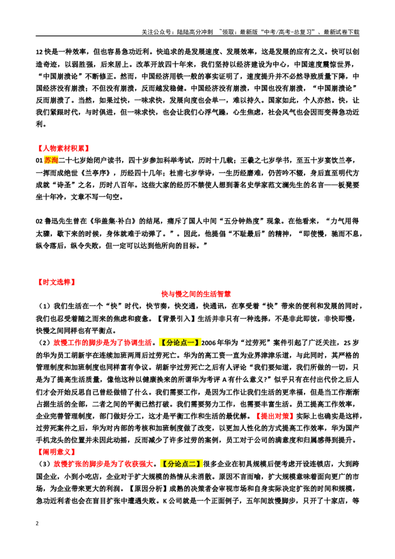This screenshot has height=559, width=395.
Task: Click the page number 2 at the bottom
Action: tap(37, 523)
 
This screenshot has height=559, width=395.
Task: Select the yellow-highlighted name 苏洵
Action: tap(51, 160)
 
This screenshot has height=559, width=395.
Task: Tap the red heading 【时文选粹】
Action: tap(55, 282)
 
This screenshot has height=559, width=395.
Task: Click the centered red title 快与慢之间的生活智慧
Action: tap(196, 294)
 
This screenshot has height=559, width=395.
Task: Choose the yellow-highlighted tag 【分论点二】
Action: tap(182, 464)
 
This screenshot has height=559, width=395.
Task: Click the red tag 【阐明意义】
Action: tap(55, 452)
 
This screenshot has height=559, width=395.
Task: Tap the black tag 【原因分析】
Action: tap(148, 488)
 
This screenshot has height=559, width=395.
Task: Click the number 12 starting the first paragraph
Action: tap(39, 52)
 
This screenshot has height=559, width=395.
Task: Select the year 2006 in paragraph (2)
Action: tap(208, 343)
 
